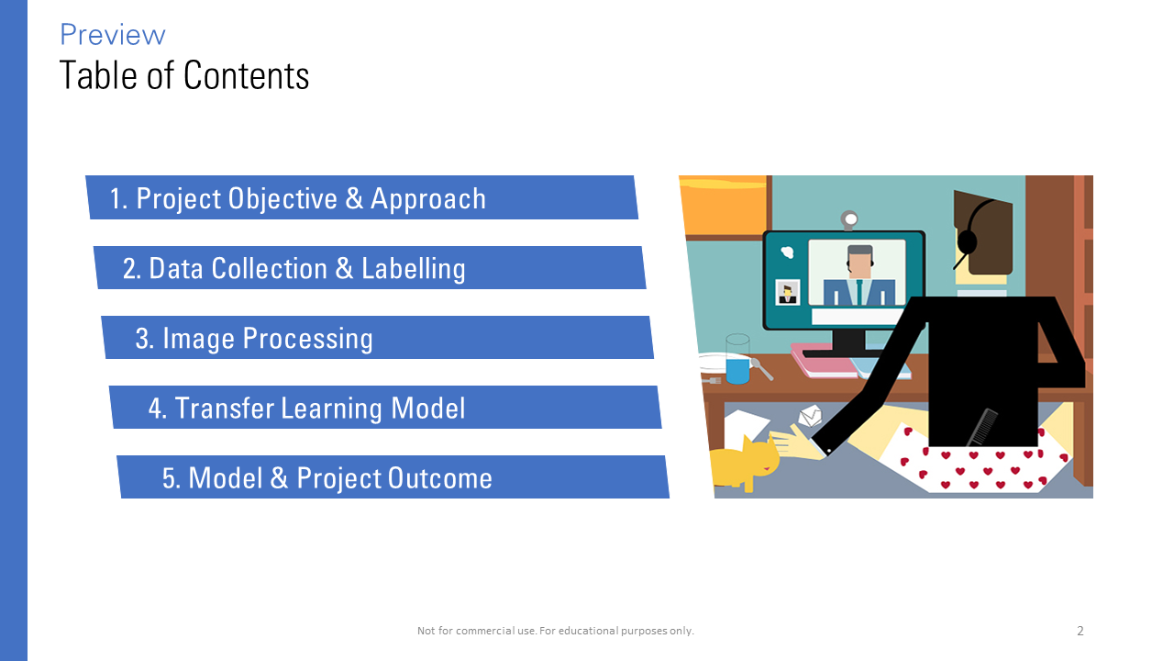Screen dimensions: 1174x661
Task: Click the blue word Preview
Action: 113,35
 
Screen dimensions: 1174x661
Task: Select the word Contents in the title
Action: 247,75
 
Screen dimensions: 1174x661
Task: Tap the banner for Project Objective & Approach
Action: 362,197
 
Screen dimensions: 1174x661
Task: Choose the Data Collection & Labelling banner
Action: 370,267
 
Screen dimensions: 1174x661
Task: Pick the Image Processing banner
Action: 378,337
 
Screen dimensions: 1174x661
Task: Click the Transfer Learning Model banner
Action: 385,407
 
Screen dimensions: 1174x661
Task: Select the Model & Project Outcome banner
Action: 393,476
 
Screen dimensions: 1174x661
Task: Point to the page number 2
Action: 1080,631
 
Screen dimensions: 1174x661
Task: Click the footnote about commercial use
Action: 556,631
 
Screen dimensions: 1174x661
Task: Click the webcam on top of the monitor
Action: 849,219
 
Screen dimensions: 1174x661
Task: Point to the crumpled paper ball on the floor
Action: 810,416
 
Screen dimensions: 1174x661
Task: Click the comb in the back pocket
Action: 982,427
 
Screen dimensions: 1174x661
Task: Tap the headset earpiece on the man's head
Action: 967,241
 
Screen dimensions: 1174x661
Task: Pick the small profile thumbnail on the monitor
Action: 787,292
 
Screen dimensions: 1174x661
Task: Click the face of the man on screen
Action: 859,266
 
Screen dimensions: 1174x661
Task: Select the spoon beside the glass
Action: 761,369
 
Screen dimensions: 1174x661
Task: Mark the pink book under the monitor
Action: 823,361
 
